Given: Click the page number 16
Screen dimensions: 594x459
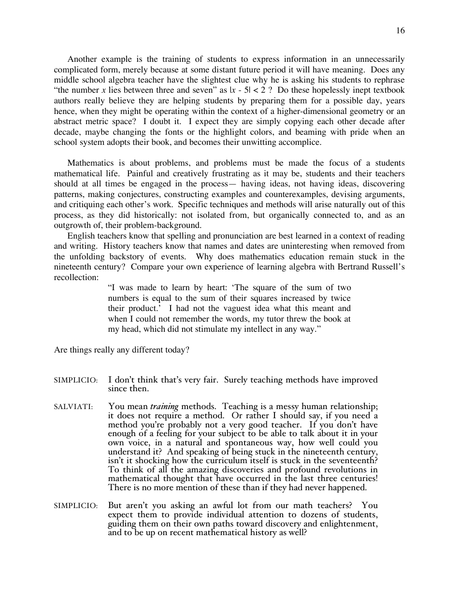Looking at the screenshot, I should pos(401,31).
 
